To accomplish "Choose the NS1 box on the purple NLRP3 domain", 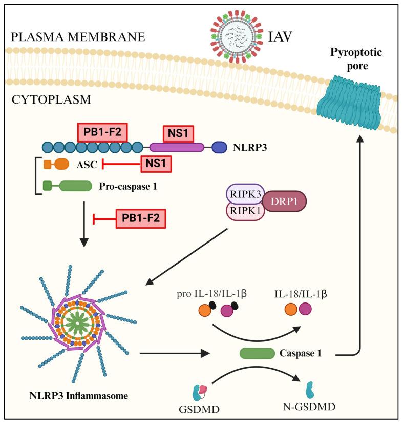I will pos(178,135).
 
